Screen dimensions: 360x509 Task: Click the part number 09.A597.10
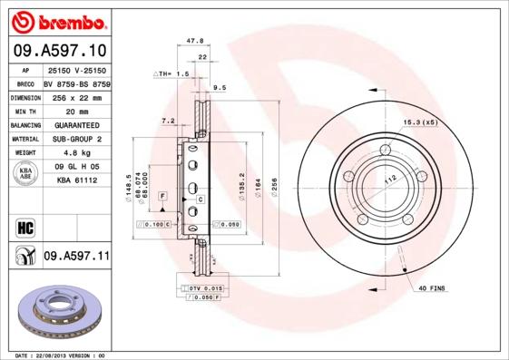pos(59,52)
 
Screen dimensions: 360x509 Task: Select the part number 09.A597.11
pos(76,257)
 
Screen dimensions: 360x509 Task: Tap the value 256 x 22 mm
pos(73,96)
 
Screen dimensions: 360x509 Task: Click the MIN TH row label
pos(24,110)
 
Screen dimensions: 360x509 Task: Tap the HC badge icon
pos(25,225)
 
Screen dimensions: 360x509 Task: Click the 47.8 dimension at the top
pos(193,41)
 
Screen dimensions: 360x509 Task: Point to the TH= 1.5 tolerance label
pos(171,73)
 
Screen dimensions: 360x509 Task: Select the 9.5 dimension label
pos(219,89)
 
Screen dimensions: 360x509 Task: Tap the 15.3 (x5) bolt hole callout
pos(419,122)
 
